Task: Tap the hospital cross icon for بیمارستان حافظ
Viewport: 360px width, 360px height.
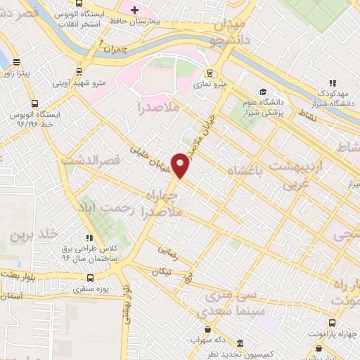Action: click(x=134, y=9)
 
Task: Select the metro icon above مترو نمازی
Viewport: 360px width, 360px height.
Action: click(x=209, y=73)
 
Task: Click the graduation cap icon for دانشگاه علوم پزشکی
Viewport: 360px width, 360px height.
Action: click(x=262, y=92)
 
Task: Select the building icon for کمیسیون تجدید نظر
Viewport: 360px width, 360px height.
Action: click(x=240, y=343)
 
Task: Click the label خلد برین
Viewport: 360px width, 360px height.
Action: click(x=30, y=234)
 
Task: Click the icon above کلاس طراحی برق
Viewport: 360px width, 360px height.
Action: click(x=89, y=238)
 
